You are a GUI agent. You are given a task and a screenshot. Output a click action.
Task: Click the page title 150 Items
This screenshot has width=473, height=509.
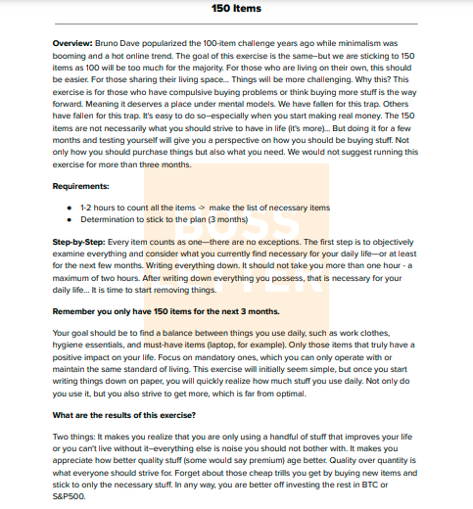236,9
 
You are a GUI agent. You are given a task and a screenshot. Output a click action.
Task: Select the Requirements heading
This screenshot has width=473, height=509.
81,185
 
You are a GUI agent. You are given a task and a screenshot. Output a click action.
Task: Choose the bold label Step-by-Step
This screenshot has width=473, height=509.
77,241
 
